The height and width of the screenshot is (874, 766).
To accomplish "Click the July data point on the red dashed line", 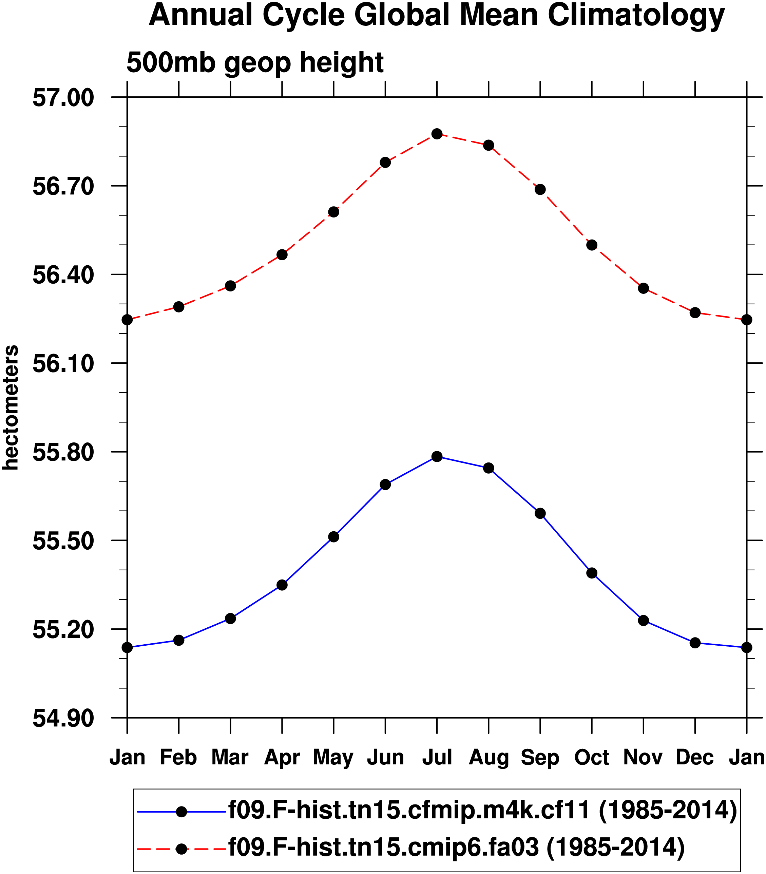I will (437, 134).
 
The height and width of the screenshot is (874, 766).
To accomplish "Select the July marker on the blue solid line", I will (437, 456).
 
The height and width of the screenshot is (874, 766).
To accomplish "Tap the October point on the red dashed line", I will (592, 245).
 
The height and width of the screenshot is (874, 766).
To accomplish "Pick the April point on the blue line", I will (282, 585).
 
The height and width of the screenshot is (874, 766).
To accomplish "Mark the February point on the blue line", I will (179, 640).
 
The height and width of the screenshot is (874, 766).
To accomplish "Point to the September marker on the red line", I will (540, 189).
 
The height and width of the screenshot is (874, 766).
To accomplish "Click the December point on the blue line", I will (695, 643).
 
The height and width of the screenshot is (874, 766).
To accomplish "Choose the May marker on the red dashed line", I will (334, 212).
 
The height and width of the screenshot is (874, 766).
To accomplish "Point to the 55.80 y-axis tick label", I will (63, 452).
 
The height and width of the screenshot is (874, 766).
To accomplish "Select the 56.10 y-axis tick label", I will (63, 364).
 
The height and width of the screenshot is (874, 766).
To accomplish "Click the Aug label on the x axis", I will (489, 758).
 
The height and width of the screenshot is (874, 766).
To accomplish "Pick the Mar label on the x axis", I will (230, 758).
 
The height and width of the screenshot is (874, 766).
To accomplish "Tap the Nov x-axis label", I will (643, 758).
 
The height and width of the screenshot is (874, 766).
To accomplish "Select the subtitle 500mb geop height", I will (255, 62).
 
